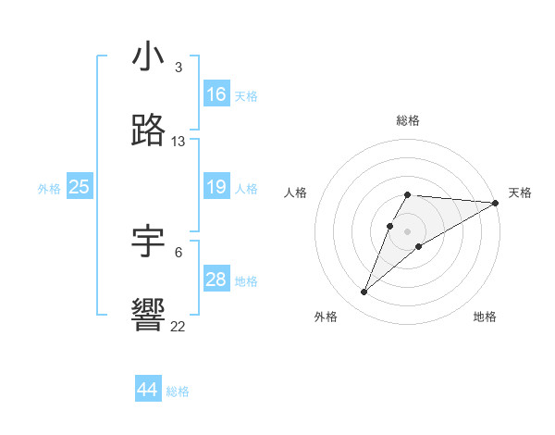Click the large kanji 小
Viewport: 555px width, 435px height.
click(149, 56)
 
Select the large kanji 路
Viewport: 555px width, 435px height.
click(149, 130)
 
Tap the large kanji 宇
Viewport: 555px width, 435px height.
click(149, 242)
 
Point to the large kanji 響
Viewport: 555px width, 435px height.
click(149, 316)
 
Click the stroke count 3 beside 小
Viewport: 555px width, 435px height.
click(179, 68)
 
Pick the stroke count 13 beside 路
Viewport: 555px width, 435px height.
click(179, 142)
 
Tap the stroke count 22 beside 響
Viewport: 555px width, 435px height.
click(179, 327)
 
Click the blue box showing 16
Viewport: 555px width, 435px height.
click(216, 94)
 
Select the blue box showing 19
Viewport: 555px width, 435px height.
click(216, 187)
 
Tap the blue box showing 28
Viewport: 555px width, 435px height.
click(216, 280)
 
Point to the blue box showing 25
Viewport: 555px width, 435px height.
click(80, 187)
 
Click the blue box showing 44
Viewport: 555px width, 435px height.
click(148, 390)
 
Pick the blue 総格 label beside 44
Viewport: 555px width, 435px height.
click(178, 391)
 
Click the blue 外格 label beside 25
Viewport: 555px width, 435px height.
click(49, 189)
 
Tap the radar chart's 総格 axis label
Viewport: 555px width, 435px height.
click(408, 120)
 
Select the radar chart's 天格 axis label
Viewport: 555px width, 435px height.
click(520, 193)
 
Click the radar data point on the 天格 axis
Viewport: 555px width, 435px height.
click(496, 203)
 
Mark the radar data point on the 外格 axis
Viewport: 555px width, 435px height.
click(364, 292)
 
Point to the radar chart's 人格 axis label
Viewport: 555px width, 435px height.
click(295, 193)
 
